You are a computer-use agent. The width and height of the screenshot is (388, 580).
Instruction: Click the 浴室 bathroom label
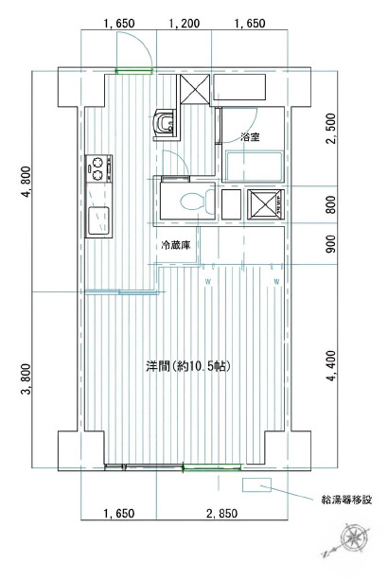tap(250, 137)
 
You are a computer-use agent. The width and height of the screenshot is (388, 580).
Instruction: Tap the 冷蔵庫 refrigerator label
tap(176, 245)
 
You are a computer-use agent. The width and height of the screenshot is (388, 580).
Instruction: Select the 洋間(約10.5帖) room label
tap(188, 366)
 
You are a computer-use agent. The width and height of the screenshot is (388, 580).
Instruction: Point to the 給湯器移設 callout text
tap(346, 501)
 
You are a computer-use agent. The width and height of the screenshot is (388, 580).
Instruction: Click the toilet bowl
tap(198, 202)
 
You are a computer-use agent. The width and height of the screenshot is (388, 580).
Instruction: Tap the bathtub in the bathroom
tap(254, 167)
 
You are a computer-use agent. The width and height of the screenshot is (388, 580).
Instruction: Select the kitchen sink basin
tap(98, 220)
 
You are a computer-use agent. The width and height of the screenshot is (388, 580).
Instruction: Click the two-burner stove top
tap(98, 168)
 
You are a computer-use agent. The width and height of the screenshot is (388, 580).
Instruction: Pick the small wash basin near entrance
tap(165, 124)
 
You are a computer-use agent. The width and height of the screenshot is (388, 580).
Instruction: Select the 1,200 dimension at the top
tap(185, 24)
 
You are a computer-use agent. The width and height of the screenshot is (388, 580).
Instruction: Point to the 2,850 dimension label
tap(221, 514)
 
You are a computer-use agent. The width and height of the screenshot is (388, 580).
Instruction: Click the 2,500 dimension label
tap(332, 129)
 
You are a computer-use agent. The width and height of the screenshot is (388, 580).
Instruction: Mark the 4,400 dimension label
tap(332, 366)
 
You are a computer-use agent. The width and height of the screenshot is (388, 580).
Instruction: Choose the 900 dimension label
tap(332, 244)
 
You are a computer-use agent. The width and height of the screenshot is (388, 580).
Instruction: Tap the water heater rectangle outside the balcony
tap(256, 484)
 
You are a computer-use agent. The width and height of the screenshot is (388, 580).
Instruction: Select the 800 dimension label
tap(332, 204)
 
